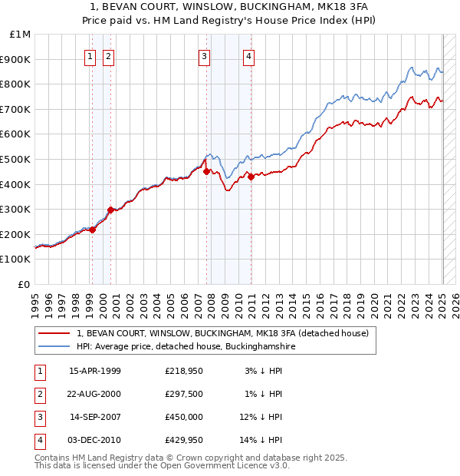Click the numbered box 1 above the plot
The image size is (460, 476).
click(x=90, y=55)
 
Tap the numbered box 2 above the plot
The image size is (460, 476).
click(x=109, y=55)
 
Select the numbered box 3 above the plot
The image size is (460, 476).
click(x=205, y=55)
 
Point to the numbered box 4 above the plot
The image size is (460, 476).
click(x=250, y=55)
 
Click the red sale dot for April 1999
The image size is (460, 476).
click(x=93, y=229)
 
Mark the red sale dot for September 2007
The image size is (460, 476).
click(x=206, y=171)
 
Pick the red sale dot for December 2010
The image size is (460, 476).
click(x=251, y=177)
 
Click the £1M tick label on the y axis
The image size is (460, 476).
click(x=21, y=34)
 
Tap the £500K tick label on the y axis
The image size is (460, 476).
click(x=17, y=159)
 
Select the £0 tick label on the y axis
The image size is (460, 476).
click(x=24, y=284)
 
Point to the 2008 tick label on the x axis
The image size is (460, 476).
click(x=212, y=303)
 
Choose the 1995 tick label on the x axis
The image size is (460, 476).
click(x=35, y=303)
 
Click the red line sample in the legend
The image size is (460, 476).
click(x=54, y=333)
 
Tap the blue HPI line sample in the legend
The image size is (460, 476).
click(x=54, y=346)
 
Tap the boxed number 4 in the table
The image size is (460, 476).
click(x=38, y=440)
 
